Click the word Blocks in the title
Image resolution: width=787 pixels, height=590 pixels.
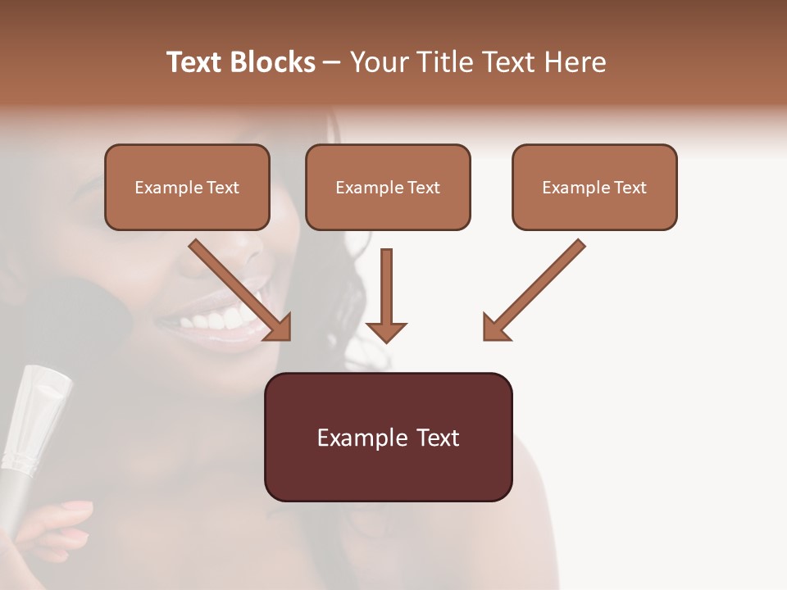pos(274,62)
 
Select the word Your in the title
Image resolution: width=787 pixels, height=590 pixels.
pos(378,62)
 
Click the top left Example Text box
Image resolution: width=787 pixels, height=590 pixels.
pos(187,187)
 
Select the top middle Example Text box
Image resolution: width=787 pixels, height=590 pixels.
pos(388,187)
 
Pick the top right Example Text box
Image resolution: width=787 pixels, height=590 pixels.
pos(594,187)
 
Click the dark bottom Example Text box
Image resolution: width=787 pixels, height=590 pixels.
pos(388,437)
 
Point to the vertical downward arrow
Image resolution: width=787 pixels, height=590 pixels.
pos(386,295)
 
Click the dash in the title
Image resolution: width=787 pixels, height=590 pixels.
pos(332,62)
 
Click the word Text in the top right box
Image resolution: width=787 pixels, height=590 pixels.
pos(630,187)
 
